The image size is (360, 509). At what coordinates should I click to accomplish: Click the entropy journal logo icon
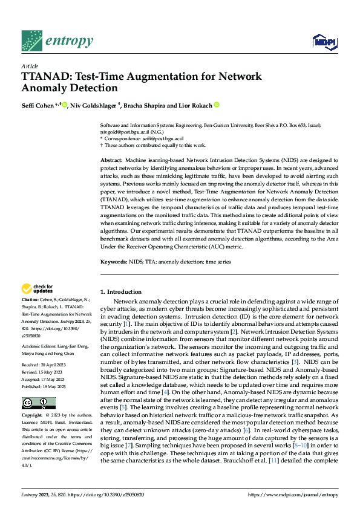[x=31, y=41]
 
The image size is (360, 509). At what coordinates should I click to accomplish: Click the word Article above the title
[x=30, y=66]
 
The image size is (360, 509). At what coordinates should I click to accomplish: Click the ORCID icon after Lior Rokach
[x=217, y=105]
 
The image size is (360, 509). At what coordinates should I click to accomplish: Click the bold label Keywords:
[x=113, y=262]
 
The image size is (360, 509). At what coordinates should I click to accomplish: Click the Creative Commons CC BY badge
[x=38, y=403]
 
